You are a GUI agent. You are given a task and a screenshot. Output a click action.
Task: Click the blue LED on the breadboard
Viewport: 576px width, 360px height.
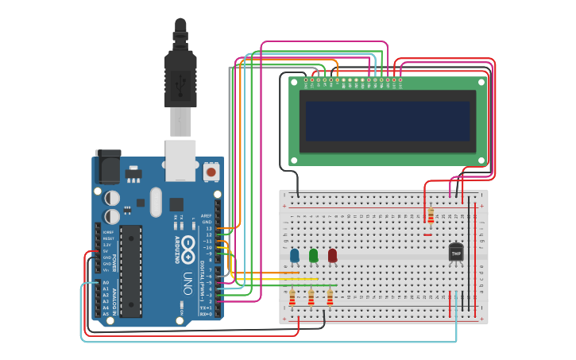295,255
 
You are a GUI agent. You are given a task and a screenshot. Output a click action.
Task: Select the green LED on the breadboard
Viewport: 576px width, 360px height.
314,255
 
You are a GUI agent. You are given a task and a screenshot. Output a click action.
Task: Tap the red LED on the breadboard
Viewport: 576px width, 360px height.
332,255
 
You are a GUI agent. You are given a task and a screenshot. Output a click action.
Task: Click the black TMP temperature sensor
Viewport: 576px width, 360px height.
455,251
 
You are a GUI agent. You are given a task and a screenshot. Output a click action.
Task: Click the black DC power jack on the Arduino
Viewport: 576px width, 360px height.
107,168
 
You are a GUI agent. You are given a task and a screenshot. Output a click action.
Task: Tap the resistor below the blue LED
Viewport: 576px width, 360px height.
292,297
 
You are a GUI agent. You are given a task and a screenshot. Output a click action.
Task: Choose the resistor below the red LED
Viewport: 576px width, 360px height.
330,297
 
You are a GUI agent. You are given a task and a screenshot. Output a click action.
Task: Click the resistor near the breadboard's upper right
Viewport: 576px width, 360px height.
431,216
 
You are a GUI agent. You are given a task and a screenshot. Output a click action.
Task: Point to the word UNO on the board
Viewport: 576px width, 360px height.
188,282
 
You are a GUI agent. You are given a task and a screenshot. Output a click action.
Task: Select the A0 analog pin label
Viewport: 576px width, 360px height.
105,282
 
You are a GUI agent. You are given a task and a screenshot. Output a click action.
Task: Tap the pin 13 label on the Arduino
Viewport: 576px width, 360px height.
208,228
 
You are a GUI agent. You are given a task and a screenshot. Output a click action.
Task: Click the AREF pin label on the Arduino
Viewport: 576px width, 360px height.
207,215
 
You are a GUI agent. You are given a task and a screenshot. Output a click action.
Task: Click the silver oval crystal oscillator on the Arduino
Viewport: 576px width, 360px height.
155,201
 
